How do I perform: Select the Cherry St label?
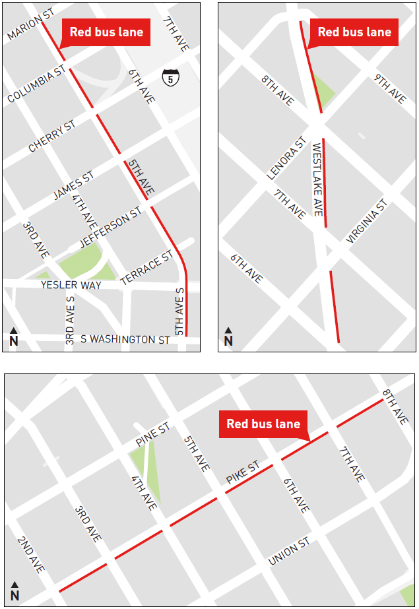click(52, 136)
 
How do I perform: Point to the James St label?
click(73, 187)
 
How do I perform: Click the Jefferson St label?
click(111, 228)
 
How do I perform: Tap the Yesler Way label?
click(71, 285)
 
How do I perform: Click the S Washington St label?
click(125, 339)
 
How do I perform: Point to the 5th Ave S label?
click(179, 310)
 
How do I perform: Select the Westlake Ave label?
click(317, 179)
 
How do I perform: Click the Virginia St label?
click(365, 222)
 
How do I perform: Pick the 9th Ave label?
click(390, 88)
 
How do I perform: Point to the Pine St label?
click(152, 434)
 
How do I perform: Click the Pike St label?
click(243, 474)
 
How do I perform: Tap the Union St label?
click(288, 552)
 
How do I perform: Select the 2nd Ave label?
click(31, 554)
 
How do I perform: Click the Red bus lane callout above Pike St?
click(263, 424)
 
